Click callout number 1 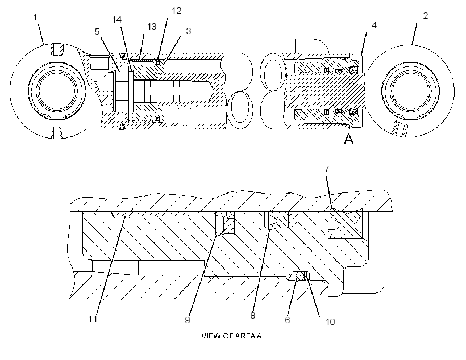(35, 18)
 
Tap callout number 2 (426, 16)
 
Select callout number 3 (189, 31)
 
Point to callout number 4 (374, 26)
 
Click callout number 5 (97, 31)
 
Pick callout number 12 (177, 11)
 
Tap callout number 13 (152, 27)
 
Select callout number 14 (117, 20)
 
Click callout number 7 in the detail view (327, 169)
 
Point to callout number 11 (93, 319)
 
